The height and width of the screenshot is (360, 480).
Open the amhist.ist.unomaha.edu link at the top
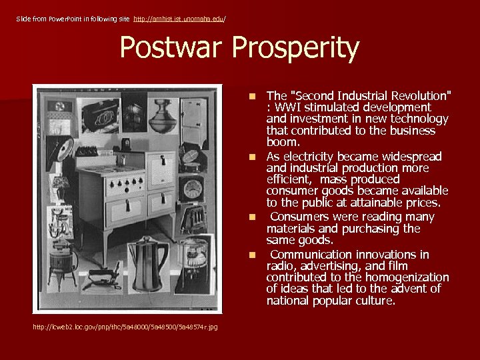click(179, 19)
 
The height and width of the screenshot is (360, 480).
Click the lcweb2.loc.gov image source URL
click(125, 326)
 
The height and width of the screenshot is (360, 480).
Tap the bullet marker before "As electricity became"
click(253, 157)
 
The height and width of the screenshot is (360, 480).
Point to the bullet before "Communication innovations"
click(253, 255)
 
